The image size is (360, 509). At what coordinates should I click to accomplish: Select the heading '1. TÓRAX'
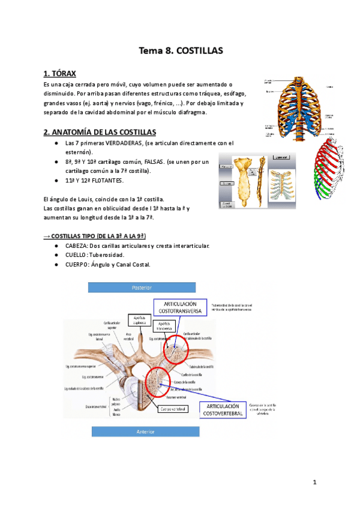tap(60, 74)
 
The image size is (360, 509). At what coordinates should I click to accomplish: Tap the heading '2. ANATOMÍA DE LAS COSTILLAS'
tap(100, 131)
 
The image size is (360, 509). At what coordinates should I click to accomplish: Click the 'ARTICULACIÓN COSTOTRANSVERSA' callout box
tap(182, 307)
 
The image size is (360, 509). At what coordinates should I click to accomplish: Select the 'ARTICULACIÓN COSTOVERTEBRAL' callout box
tap(222, 410)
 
